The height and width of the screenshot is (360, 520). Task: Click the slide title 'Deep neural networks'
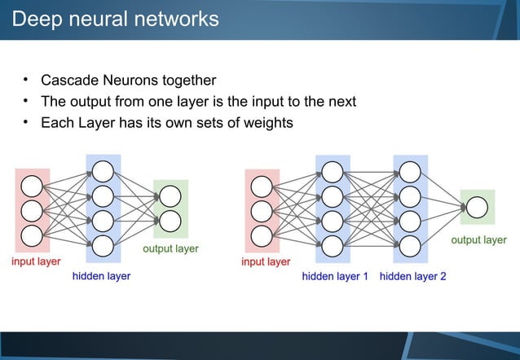[115, 19]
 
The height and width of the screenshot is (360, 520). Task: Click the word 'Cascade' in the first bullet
[69, 81]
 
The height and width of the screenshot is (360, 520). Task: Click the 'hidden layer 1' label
[335, 277]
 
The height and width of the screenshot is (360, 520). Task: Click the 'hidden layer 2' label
[412, 277]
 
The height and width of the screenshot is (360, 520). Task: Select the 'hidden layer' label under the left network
[101, 277]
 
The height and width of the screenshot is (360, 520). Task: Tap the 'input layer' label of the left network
[35, 261]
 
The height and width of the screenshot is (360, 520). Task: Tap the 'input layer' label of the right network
[266, 261]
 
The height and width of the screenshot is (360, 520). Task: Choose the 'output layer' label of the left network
[170, 248]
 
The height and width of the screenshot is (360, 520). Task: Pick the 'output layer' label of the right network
[478, 240]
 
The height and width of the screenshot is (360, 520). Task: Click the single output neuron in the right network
[478, 207]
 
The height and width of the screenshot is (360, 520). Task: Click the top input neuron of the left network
[32, 185]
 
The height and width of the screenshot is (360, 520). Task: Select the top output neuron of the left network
[170, 196]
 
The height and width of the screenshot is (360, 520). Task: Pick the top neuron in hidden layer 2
[410, 172]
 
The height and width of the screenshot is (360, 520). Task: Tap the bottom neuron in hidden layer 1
[333, 245]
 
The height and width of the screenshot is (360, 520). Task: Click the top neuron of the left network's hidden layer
[103, 171]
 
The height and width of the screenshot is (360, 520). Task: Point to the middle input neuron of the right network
[262, 210]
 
